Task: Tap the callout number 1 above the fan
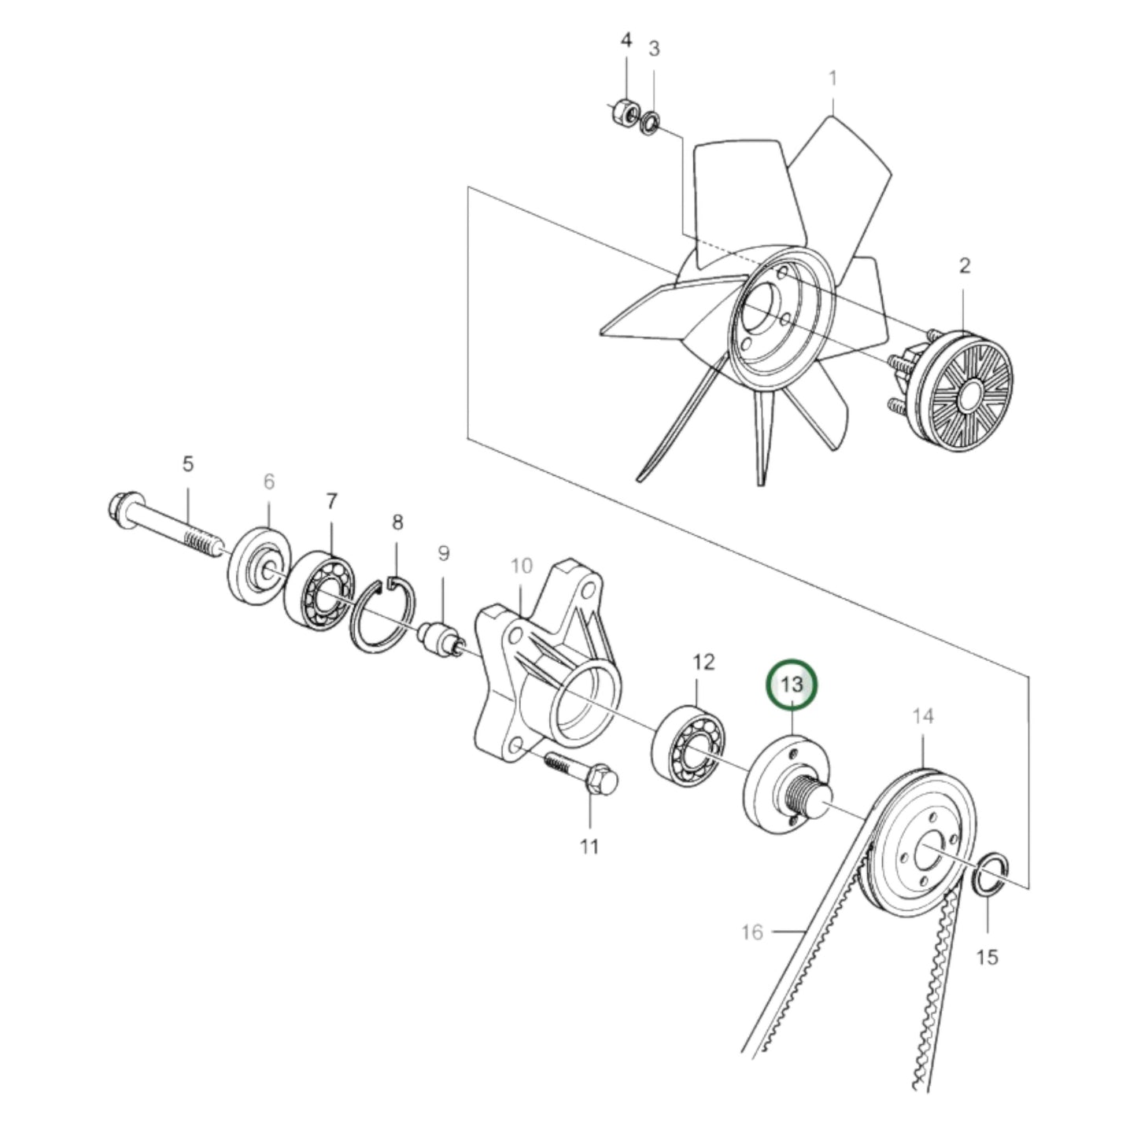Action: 832,79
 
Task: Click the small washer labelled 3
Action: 651,123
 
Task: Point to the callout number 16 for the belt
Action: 752,932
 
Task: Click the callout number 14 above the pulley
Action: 923,716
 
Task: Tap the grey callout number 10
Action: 522,566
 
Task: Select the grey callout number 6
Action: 268,482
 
